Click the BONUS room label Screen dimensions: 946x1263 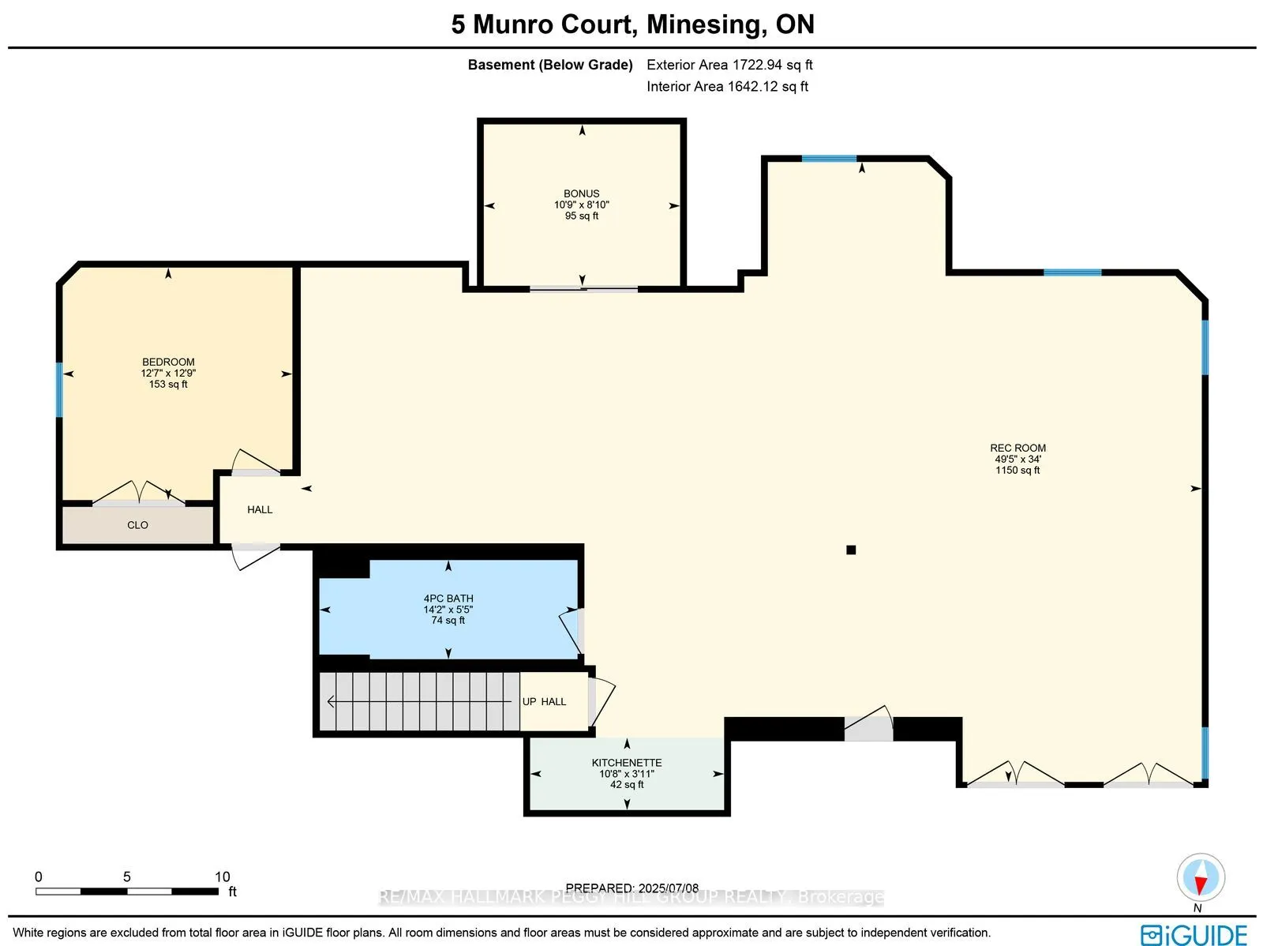[x=581, y=193]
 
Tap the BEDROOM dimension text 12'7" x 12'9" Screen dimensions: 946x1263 [x=168, y=373]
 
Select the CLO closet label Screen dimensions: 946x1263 [x=137, y=525]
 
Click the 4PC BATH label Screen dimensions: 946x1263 [x=448, y=599]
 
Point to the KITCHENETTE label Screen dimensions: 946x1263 [x=627, y=763]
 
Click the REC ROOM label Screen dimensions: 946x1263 [x=1018, y=448]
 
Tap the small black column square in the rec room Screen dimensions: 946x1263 [x=851, y=550]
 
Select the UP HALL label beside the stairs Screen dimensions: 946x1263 [x=544, y=701]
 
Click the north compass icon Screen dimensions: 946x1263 [x=1200, y=878]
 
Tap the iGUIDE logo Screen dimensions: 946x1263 [x=1194, y=934]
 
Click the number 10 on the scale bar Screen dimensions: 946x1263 [x=222, y=877]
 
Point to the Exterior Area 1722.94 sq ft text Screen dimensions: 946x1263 [x=729, y=65]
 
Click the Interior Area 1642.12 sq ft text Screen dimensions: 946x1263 [x=727, y=86]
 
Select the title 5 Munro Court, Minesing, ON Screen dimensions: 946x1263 [x=632, y=24]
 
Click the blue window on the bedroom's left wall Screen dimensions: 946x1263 [x=59, y=389]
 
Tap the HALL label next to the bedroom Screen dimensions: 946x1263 [x=260, y=509]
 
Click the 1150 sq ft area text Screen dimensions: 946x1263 [x=1018, y=470]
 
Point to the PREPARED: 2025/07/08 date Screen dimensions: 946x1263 [x=631, y=888]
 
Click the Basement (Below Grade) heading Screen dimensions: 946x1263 [x=550, y=65]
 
